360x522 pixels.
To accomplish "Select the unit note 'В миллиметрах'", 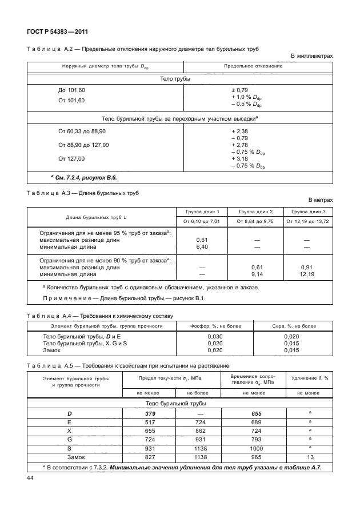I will click(x=311, y=55).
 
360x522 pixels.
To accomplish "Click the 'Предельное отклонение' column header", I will click(x=257, y=67).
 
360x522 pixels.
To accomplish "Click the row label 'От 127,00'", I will click(x=71, y=158).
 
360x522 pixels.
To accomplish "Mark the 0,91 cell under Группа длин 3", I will click(x=306, y=267).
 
